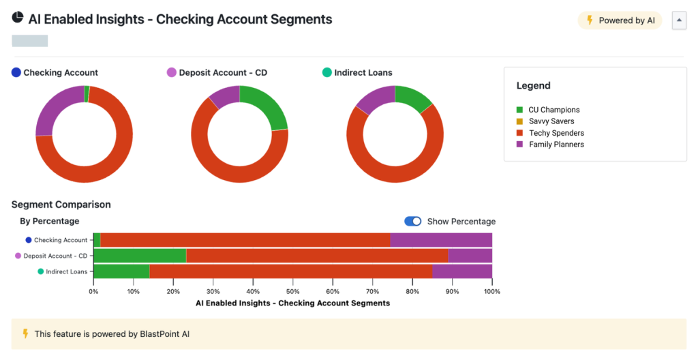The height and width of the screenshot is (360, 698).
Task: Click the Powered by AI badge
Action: [x=620, y=20]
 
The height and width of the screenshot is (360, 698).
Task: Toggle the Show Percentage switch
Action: [x=412, y=222]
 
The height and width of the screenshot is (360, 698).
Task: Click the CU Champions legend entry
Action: [x=553, y=110]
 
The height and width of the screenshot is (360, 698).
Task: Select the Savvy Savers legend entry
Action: [x=551, y=121]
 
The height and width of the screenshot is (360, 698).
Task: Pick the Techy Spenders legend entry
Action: [x=556, y=133]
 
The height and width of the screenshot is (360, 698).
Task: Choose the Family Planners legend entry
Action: [x=556, y=145]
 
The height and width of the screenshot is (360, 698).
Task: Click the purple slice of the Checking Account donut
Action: [x=48, y=112]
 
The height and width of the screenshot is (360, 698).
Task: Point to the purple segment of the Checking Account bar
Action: [x=441, y=240]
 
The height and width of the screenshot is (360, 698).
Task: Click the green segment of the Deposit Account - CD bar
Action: [x=140, y=256]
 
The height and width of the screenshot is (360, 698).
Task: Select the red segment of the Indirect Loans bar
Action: [x=290, y=271]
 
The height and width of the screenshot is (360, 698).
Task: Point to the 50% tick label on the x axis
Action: [x=292, y=292]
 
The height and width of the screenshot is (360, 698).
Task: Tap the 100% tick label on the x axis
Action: [x=491, y=292]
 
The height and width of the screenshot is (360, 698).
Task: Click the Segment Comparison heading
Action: [x=61, y=205]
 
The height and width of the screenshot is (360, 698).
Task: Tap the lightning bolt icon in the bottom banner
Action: [x=25, y=333]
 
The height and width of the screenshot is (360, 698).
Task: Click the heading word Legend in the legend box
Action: [x=533, y=86]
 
